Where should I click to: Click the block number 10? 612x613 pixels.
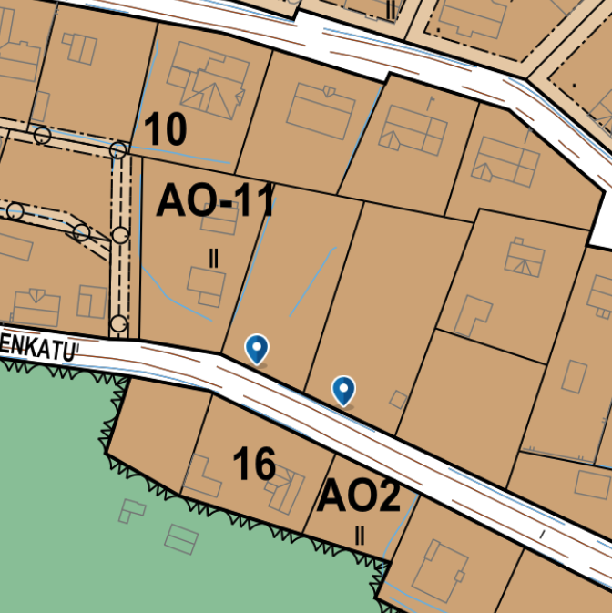tap(165, 130)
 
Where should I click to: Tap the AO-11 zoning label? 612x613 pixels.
tap(215, 200)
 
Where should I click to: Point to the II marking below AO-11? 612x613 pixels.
tap(214, 259)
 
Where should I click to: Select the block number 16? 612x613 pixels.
tap(254, 465)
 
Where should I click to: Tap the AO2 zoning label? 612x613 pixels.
tap(359, 496)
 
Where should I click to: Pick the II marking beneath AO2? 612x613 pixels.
tap(360, 536)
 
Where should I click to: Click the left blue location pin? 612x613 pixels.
tap(258, 347)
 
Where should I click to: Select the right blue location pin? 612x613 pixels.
tap(343, 389)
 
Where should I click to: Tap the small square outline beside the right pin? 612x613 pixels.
tap(397, 399)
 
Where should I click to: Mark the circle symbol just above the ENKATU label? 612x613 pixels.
tap(118, 322)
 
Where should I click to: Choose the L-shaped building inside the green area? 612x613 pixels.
tap(132, 509)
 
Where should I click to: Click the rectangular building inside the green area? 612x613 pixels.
tap(181, 540)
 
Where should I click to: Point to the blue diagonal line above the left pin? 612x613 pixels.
tap(312, 282)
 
